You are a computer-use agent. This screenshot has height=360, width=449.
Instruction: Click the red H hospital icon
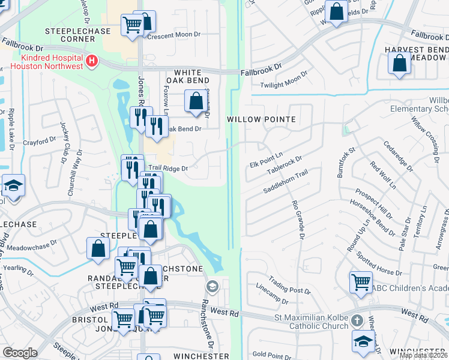click(91, 60)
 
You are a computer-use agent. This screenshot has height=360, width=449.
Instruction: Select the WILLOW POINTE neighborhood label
click(261, 119)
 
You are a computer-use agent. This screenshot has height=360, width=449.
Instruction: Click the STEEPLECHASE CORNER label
click(70, 34)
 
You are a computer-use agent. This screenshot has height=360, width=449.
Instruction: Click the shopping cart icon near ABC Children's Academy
click(361, 281)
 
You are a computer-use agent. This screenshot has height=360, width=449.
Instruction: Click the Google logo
click(20, 352)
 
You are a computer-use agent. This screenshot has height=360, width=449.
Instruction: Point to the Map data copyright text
click(423, 355)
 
